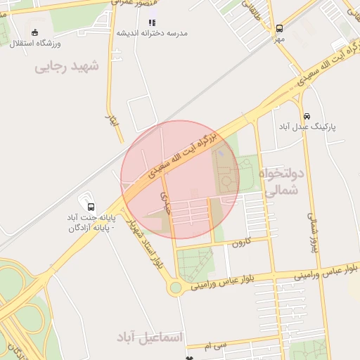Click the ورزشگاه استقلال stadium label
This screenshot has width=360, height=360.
click(x=35, y=44)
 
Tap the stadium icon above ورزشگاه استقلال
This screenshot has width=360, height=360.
click(x=35, y=32)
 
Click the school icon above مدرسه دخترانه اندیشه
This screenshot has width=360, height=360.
click(x=152, y=22)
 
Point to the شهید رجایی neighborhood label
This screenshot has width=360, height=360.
click(x=67, y=66)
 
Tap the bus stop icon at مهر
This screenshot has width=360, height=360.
click(x=280, y=29)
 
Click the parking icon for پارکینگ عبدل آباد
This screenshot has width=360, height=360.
click(x=307, y=116)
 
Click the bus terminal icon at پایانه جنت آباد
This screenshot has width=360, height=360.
click(x=91, y=206)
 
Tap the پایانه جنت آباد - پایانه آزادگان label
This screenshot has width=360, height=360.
click(x=91, y=222)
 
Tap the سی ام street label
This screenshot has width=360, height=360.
click(x=216, y=345)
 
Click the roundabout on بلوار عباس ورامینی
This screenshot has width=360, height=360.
click(x=174, y=287)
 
